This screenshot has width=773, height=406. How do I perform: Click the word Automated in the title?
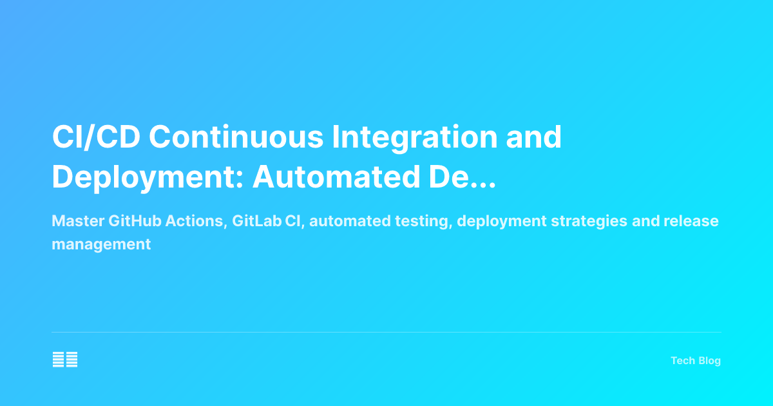click(335, 177)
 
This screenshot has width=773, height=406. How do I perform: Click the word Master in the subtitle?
click(78, 221)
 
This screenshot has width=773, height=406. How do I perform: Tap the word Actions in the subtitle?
click(196, 221)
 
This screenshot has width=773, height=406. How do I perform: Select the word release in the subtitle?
click(691, 221)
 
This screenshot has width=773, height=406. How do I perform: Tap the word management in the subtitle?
click(101, 244)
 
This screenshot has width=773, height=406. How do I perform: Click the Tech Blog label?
click(696, 361)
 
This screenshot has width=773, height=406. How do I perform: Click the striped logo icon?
click(65, 360)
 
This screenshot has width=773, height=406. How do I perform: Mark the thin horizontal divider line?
click(386, 333)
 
